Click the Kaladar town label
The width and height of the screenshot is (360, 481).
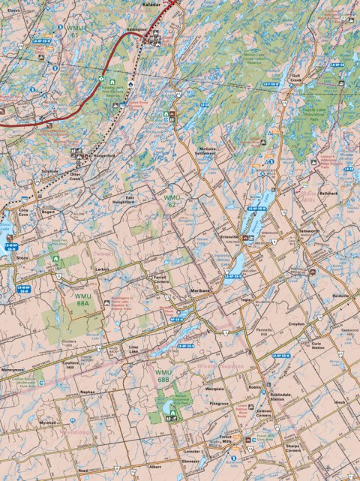pyautogui.click(x=151, y=3)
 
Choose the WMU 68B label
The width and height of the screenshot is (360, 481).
pyautogui.click(x=163, y=375)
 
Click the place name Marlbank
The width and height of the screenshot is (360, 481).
pyautogui.click(x=200, y=290)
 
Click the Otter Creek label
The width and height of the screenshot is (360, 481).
pyautogui.click(x=79, y=178)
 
